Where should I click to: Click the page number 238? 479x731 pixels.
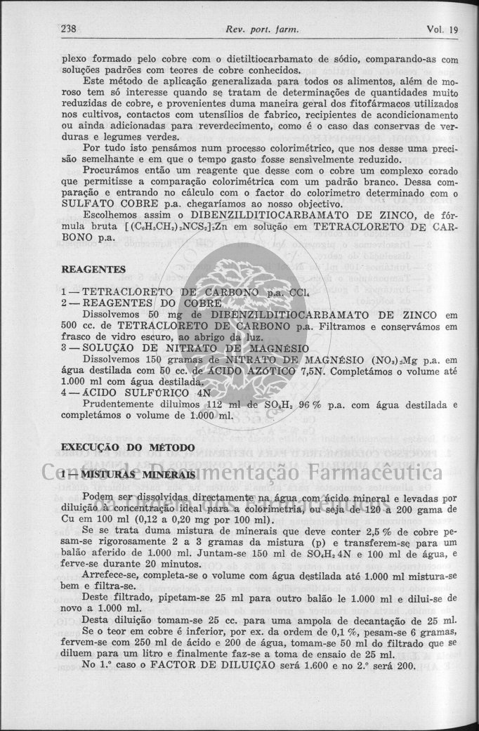tap(69, 29)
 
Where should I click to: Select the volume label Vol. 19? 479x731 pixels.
tap(442, 29)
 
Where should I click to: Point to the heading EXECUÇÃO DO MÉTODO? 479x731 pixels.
tap(129, 447)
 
